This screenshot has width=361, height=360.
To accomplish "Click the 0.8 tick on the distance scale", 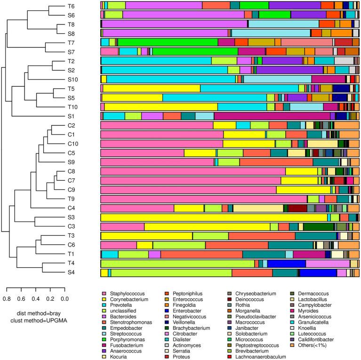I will (x=7, y=298).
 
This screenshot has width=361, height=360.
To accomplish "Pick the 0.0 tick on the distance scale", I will (x=64, y=298).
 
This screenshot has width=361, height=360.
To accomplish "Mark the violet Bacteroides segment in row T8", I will (x=175, y=24).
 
